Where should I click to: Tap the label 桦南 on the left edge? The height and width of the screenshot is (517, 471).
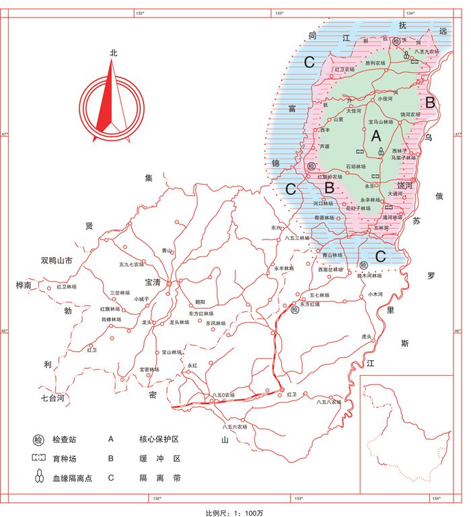pyautogui.click(x=24, y=285)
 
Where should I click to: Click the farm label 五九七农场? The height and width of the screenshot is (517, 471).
pyautogui.click(x=131, y=264)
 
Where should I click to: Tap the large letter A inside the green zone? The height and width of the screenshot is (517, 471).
pyautogui.click(x=376, y=136)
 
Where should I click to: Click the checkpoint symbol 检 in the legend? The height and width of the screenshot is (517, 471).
pyautogui.click(x=38, y=440)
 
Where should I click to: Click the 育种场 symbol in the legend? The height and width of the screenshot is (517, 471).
pyautogui.click(x=38, y=459)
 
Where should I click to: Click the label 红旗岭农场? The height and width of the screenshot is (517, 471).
pyautogui.click(x=330, y=177)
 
